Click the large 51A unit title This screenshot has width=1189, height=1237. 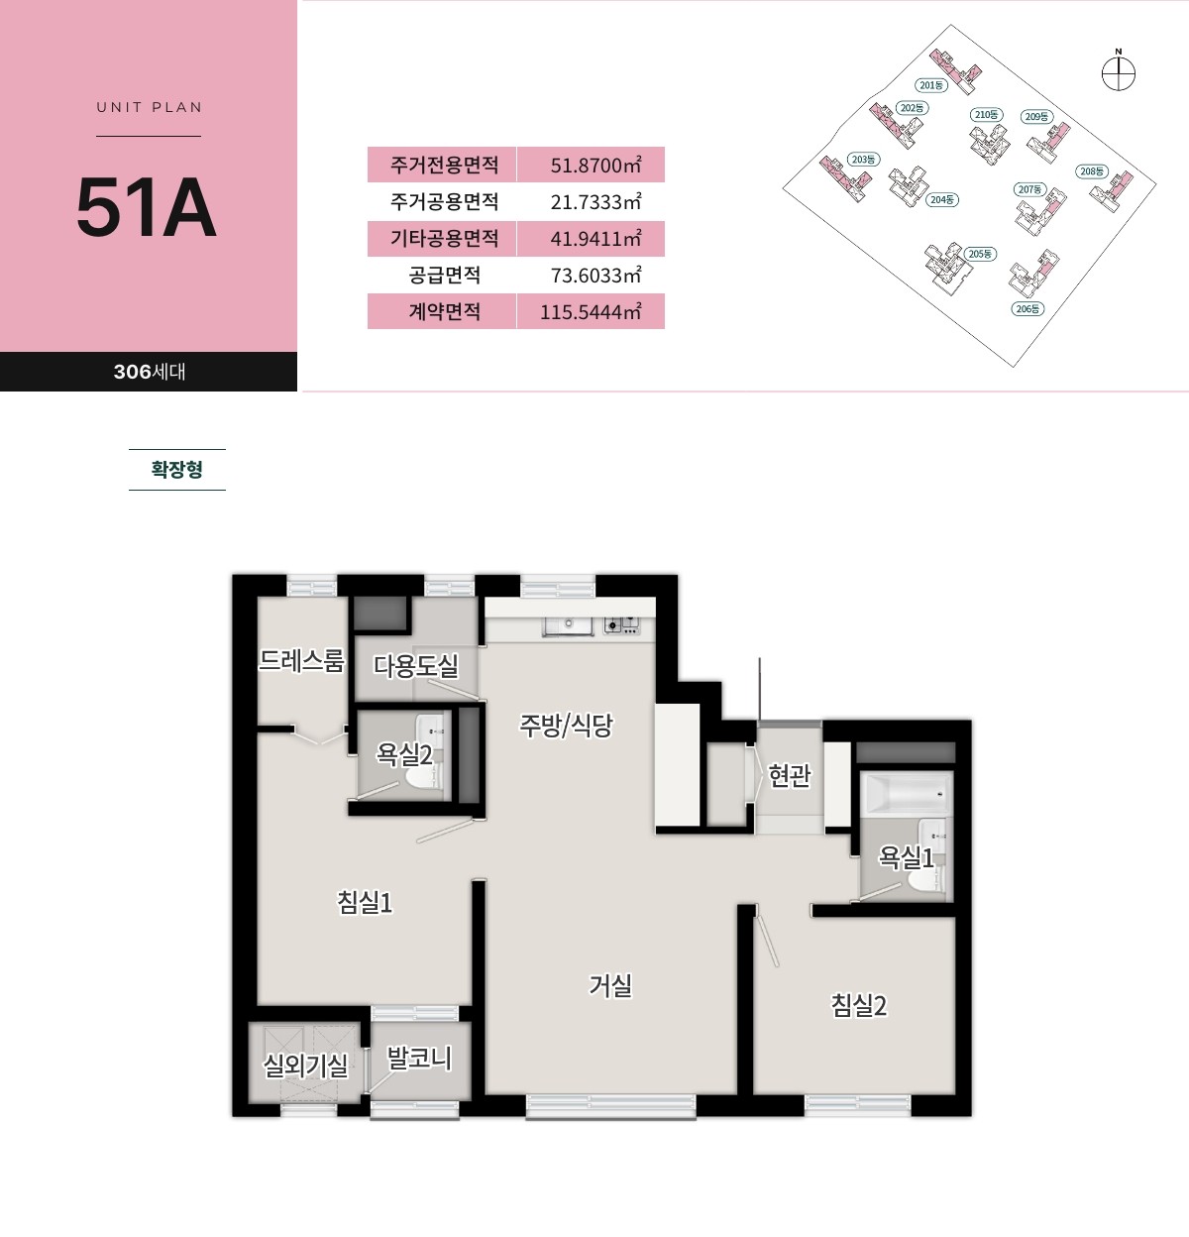pyautogui.click(x=147, y=206)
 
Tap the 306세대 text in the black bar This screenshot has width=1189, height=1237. pyautogui.click(x=150, y=372)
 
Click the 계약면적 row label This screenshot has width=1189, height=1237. pyautogui.click(x=444, y=311)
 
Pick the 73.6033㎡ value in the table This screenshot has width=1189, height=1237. pyautogui.click(x=595, y=276)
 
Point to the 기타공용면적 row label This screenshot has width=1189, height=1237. pyautogui.click(x=444, y=238)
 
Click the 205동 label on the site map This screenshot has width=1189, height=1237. pyautogui.click(x=981, y=254)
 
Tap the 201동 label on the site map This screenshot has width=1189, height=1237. pyautogui.click(x=931, y=85)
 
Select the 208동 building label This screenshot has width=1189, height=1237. pyautogui.click(x=1092, y=171)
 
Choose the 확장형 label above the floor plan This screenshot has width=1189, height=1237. pyautogui.click(x=176, y=469)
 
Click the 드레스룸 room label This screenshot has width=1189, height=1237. pyautogui.click(x=301, y=660)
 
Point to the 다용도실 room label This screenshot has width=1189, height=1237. pyautogui.click(x=415, y=665)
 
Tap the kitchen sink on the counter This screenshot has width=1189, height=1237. pyautogui.click(x=568, y=625)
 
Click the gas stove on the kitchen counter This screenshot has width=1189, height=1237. pyautogui.click(x=621, y=624)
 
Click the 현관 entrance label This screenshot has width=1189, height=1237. pyautogui.click(x=790, y=775)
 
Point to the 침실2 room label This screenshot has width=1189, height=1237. pyautogui.click(x=858, y=1005)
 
